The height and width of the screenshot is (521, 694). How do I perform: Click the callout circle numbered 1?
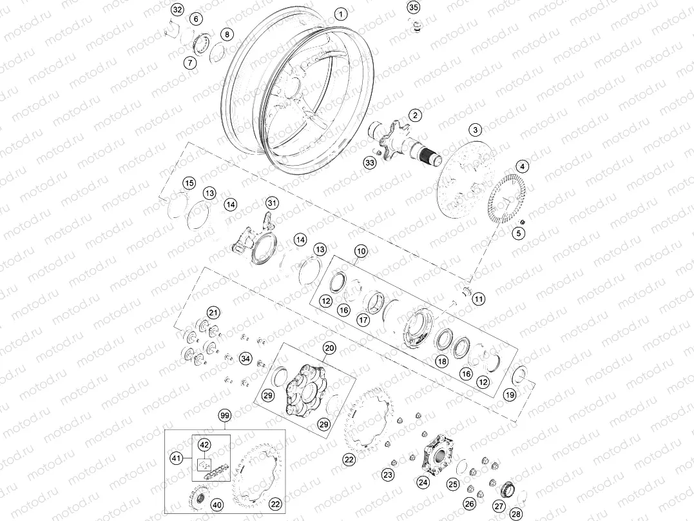point(341,14)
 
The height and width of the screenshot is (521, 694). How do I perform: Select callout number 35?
point(414,8)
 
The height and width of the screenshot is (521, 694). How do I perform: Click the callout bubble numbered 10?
point(360,250)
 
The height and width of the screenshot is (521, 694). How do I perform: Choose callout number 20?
point(329,348)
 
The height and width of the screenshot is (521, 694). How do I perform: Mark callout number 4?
point(523,166)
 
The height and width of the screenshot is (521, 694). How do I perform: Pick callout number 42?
point(204,445)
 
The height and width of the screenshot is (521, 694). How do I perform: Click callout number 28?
point(515,514)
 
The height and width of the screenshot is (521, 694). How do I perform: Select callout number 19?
point(510,395)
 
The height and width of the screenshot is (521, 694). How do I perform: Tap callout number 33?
point(369,163)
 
